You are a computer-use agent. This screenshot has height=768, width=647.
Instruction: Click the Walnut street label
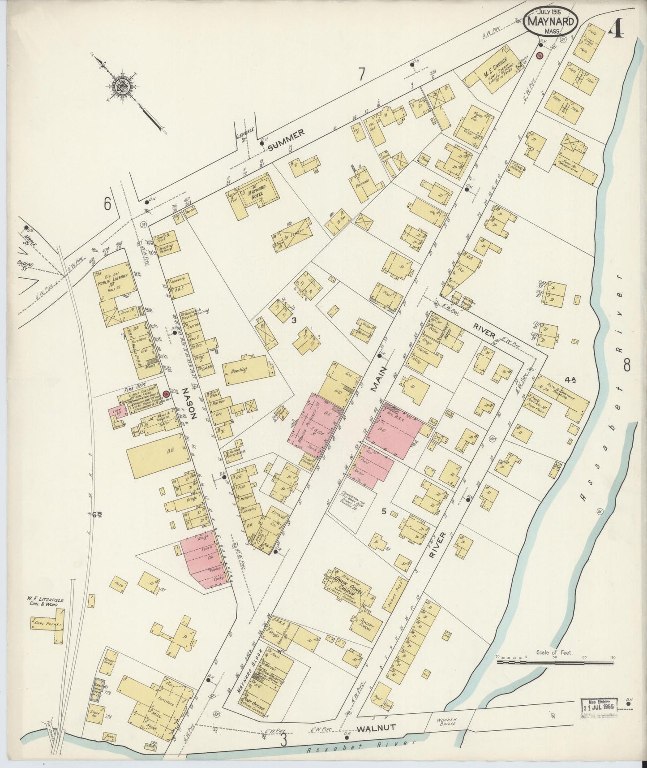tap(376, 728)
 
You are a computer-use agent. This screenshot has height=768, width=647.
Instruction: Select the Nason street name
tap(188, 408)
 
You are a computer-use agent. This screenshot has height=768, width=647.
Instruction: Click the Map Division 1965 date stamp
tap(599, 708)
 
